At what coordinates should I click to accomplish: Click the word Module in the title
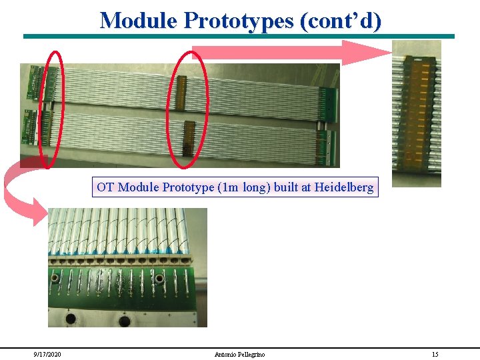pyautogui.click(x=138, y=21)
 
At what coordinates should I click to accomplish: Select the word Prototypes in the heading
pyautogui.click(x=239, y=21)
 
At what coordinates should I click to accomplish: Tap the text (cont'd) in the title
pyautogui.click(x=341, y=21)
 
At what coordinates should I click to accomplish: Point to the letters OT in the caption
pyautogui.click(x=105, y=187)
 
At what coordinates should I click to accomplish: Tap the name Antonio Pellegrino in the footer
pyautogui.click(x=240, y=354)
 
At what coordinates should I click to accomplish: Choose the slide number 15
pyautogui.click(x=435, y=354)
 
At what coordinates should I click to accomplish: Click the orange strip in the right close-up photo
pyautogui.click(x=416, y=110)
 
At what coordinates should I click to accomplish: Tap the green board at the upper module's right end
pyautogui.click(x=327, y=101)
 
